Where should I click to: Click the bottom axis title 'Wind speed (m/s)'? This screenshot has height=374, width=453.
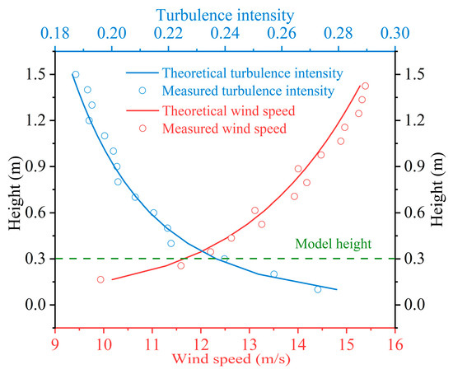(x=225, y=360)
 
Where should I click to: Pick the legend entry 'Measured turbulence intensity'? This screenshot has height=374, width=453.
(x=236, y=90)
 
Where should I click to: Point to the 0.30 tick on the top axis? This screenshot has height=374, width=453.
(x=396, y=35)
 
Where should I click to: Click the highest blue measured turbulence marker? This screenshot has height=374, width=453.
(x=76, y=74)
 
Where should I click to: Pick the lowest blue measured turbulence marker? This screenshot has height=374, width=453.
(x=318, y=289)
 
